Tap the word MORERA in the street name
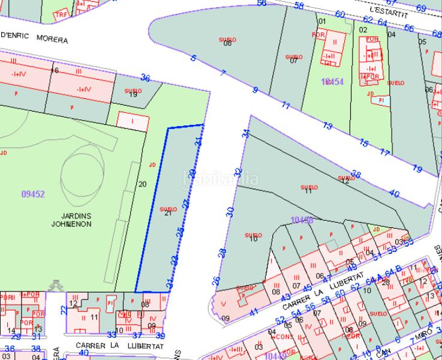pos(52,40)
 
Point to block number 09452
pos(33,194)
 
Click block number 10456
pos(302,221)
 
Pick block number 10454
pos(332,82)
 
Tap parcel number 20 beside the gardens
pos(142,184)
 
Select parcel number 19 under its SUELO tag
pos(133,95)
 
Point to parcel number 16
pos(55,71)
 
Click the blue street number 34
pos(245,133)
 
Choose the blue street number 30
pos(230,211)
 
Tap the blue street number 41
pos(254,311)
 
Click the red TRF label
pos(61,14)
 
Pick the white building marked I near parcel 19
pos(133,121)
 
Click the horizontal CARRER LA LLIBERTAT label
pos(120,346)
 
